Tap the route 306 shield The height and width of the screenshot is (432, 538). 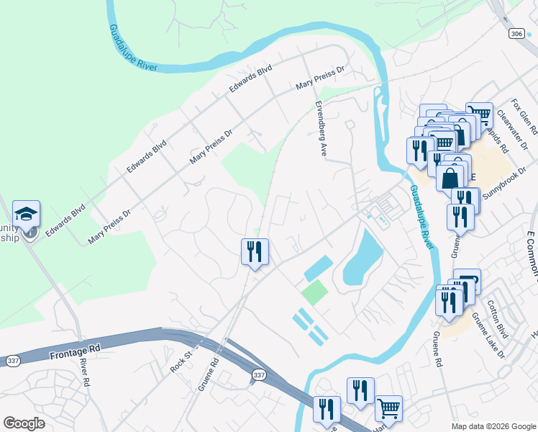[515, 33]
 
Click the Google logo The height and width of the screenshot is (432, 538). [24, 423]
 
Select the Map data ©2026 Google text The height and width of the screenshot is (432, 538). [493, 426]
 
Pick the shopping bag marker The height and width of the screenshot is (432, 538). [450, 176]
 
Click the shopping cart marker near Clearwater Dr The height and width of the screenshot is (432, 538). [479, 114]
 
